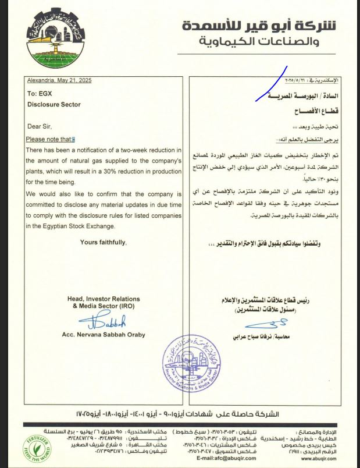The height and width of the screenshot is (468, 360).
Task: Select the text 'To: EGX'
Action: pyautogui.click(x=40, y=93)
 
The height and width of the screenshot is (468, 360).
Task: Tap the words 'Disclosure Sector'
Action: pyautogui.click(x=54, y=105)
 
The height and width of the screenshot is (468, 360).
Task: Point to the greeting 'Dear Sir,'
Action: pyautogui.click(x=40, y=126)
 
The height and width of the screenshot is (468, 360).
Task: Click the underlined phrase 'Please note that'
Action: pyautogui.click(x=51, y=139)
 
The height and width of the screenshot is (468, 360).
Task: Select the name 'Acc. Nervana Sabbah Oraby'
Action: pyautogui.click(x=102, y=335)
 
